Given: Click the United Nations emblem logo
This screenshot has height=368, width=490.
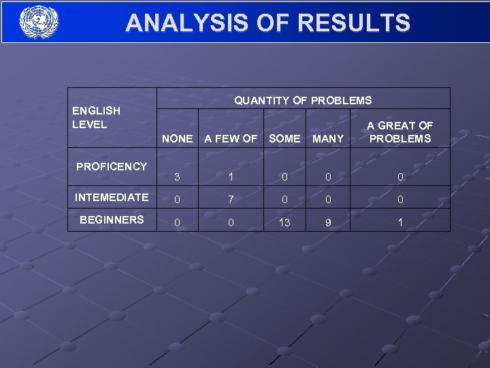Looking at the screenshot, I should coord(39,22).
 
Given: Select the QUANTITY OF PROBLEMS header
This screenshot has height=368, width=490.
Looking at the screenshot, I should coord(303,100).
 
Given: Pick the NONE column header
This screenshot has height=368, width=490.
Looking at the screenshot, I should coord(177,138).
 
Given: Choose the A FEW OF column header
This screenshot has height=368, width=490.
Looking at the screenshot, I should coord(231,138).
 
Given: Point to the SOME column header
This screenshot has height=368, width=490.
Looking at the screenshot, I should coord(284,138).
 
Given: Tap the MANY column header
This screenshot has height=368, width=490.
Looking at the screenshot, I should coord(328,138).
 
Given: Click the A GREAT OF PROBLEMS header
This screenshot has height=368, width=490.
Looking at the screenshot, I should coord(399,132).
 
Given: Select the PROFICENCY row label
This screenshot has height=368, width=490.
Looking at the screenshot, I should coord(112,166).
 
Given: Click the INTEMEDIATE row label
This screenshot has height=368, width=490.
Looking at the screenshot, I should coord(112,197).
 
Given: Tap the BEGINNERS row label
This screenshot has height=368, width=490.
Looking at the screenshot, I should coord(112,219).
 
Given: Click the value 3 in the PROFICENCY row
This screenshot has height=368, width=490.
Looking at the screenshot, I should coord(177,177).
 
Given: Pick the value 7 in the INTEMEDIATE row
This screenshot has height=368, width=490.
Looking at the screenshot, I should coord(231,200).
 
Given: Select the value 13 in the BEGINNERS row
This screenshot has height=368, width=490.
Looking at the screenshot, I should coord(284,222).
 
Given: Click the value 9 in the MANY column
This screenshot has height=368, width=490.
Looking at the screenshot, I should coord(328,222).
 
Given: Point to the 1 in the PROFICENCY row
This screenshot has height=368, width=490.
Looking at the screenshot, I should coord(231,177).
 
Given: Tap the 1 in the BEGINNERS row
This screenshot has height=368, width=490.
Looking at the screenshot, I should coord(400,222).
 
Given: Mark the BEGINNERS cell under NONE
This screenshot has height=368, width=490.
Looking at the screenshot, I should coord(177,222).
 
